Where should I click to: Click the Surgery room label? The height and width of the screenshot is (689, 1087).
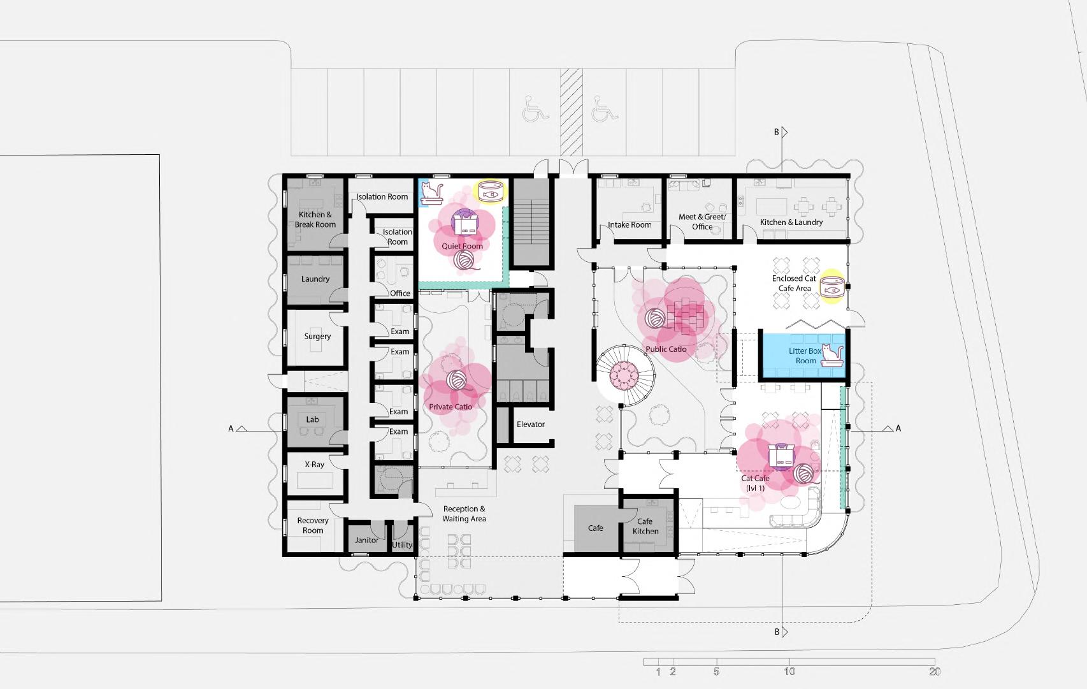pyautogui.click(x=317, y=337)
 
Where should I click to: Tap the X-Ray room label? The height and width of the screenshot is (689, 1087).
pyautogui.click(x=314, y=465)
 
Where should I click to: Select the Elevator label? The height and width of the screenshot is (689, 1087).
pyautogui.click(x=531, y=424)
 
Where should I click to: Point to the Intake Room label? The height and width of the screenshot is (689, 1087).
pyautogui.click(x=630, y=225)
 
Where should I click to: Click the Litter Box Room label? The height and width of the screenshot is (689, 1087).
pyautogui.click(x=805, y=356)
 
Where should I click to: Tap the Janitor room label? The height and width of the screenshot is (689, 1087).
pyautogui.click(x=366, y=540)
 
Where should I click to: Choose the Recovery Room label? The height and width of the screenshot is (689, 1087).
pyautogui.click(x=313, y=526)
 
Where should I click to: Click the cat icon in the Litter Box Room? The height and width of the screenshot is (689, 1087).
pyautogui.click(x=831, y=355)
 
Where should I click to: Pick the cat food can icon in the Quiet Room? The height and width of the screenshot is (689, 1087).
pyautogui.click(x=491, y=191)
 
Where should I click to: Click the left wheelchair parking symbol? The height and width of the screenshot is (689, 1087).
pyautogui.click(x=535, y=109)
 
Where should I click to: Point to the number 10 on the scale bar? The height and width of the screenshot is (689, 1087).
pyautogui.click(x=789, y=672)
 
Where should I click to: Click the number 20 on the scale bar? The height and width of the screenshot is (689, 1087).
pyautogui.click(x=935, y=672)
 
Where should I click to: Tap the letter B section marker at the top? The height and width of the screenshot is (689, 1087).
pyautogui.click(x=777, y=133)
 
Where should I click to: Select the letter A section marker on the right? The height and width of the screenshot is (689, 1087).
pyautogui.click(x=898, y=428)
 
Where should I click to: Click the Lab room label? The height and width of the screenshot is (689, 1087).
pyautogui.click(x=312, y=419)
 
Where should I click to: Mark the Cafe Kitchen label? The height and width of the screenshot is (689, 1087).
pyautogui.click(x=645, y=526)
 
